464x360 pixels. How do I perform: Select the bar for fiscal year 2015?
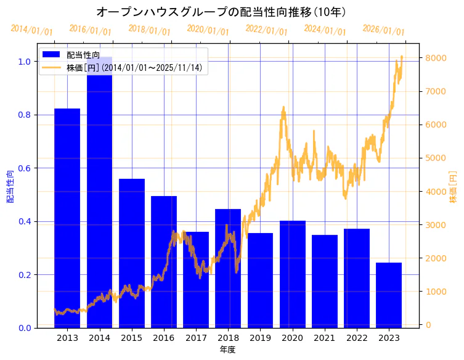[x=132, y=253]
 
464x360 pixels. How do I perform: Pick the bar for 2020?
[x=293, y=274]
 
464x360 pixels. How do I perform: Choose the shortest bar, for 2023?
[x=389, y=295]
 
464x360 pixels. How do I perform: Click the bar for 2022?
[x=357, y=278]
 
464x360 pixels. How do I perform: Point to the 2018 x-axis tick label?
[x=228, y=338]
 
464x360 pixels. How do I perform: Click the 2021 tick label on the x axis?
[x=325, y=338]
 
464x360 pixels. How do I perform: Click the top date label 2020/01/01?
[x=208, y=30]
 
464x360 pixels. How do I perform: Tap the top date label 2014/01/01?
[x=31, y=30]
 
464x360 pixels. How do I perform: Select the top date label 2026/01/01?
[x=383, y=30]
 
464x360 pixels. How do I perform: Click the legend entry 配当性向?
[x=83, y=55]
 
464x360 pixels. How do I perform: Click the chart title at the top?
[x=221, y=12]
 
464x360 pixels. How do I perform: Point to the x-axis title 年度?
[x=227, y=350]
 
